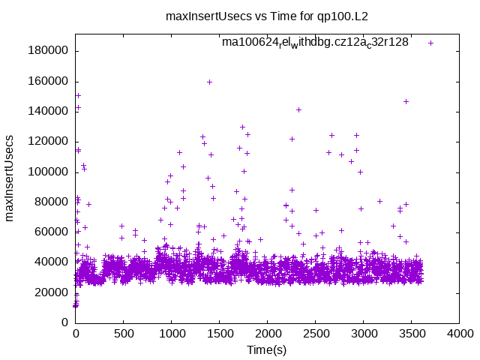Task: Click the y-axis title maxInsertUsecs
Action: coord(10,178)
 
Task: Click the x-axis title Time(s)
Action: coord(267,350)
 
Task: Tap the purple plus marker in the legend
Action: coord(430,43)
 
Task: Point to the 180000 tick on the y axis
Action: coord(49,51)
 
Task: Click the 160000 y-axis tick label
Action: coord(49,81)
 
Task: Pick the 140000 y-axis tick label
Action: coord(49,111)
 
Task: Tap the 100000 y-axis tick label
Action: coord(49,172)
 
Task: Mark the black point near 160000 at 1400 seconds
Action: coord(209,82)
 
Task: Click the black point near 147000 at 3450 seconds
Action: coord(406,101)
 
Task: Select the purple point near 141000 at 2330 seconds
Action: coord(298,109)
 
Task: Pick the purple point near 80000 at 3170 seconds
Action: coord(379,201)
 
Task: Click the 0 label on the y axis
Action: coord(65,322)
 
